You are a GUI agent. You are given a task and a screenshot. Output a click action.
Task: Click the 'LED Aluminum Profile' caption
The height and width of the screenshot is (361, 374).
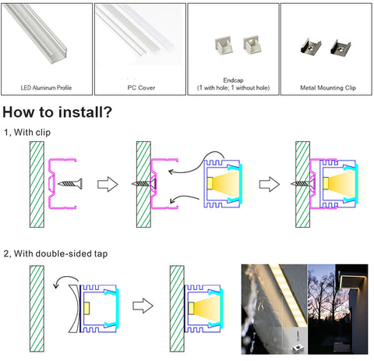pyautogui.click(x=46, y=87)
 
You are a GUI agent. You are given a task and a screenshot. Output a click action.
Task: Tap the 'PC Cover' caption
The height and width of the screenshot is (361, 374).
pyautogui.click(x=141, y=87)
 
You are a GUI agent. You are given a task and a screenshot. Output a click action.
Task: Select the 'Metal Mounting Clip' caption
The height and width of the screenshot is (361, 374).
pyautogui.click(x=328, y=87)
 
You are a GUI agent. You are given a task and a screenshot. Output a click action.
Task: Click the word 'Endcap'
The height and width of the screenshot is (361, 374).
pyautogui.click(x=233, y=80)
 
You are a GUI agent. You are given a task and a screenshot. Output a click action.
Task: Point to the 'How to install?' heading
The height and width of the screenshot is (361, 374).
pyautogui.click(x=57, y=112)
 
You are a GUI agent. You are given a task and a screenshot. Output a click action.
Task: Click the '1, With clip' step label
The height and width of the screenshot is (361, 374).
pyautogui.click(x=27, y=133)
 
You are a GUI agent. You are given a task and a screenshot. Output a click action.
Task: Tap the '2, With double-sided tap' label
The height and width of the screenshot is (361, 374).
pyautogui.click(x=55, y=253)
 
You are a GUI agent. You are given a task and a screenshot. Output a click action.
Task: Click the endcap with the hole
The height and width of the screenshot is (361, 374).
pyautogui.click(x=252, y=44)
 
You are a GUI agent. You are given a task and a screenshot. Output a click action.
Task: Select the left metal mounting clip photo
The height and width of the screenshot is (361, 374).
pyautogui.click(x=310, y=47)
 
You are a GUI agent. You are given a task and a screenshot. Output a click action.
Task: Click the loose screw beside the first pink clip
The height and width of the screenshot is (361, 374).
pyautogui.click(x=70, y=184)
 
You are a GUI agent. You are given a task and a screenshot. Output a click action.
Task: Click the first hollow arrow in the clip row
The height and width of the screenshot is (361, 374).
pyautogui.click(x=108, y=184)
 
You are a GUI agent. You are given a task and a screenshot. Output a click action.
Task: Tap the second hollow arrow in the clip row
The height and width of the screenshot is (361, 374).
pyautogui.click(x=270, y=184)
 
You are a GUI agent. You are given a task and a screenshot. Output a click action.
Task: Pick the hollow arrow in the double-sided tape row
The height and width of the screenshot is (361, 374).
pyautogui.click(x=143, y=306)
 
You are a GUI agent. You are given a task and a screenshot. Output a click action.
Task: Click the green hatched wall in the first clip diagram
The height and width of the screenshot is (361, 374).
pyautogui.click(x=37, y=184)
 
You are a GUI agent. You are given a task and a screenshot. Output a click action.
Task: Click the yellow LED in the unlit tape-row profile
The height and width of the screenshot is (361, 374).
pyautogui.click(x=86, y=309)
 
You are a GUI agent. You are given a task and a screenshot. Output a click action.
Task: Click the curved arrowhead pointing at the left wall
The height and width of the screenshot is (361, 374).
pyautogui.click(x=55, y=286)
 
